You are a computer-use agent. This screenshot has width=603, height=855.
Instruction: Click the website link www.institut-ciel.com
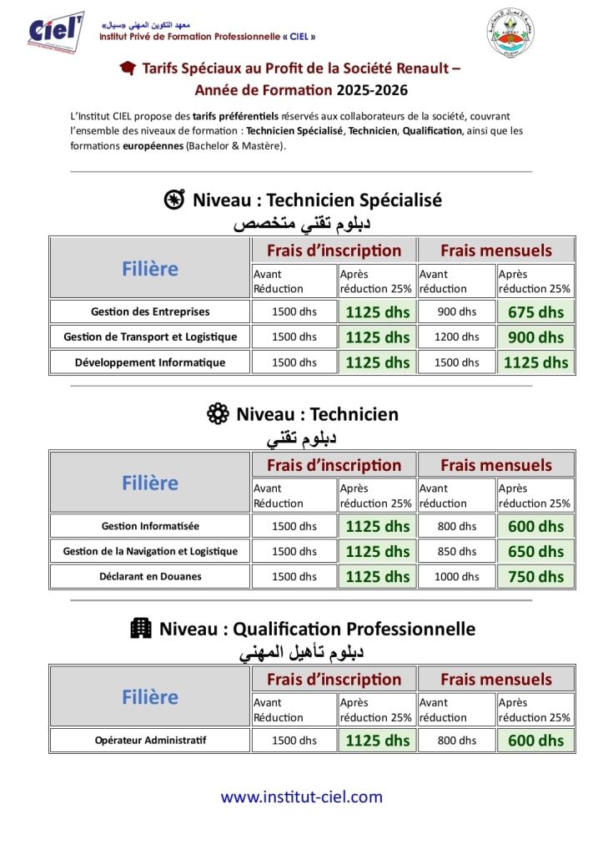[301, 797]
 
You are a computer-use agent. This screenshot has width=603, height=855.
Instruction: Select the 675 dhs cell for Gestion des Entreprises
[536, 312]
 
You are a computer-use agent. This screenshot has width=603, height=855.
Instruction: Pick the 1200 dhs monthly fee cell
[456, 337]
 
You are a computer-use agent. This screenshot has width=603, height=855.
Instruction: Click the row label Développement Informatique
[150, 362]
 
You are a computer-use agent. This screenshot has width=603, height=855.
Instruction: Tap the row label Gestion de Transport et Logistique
[150, 337]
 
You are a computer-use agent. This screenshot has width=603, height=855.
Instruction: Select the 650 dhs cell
[536, 551]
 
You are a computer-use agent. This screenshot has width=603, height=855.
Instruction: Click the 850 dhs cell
[456, 551]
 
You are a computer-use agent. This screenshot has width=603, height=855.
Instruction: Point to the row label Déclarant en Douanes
[150, 576]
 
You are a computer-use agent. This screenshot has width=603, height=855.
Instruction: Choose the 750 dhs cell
[536, 576]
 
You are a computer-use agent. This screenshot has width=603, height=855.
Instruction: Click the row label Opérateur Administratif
[150, 740]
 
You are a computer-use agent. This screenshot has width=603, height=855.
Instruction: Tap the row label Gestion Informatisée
[150, 526]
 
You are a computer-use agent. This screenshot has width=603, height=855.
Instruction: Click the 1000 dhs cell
[456, 576]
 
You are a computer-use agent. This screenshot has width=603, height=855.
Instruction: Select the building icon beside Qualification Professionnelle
[140, 629]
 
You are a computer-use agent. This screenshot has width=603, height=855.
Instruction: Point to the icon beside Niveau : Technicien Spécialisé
[173, 200]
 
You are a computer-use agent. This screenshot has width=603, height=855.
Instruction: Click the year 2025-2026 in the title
[372, 89]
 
